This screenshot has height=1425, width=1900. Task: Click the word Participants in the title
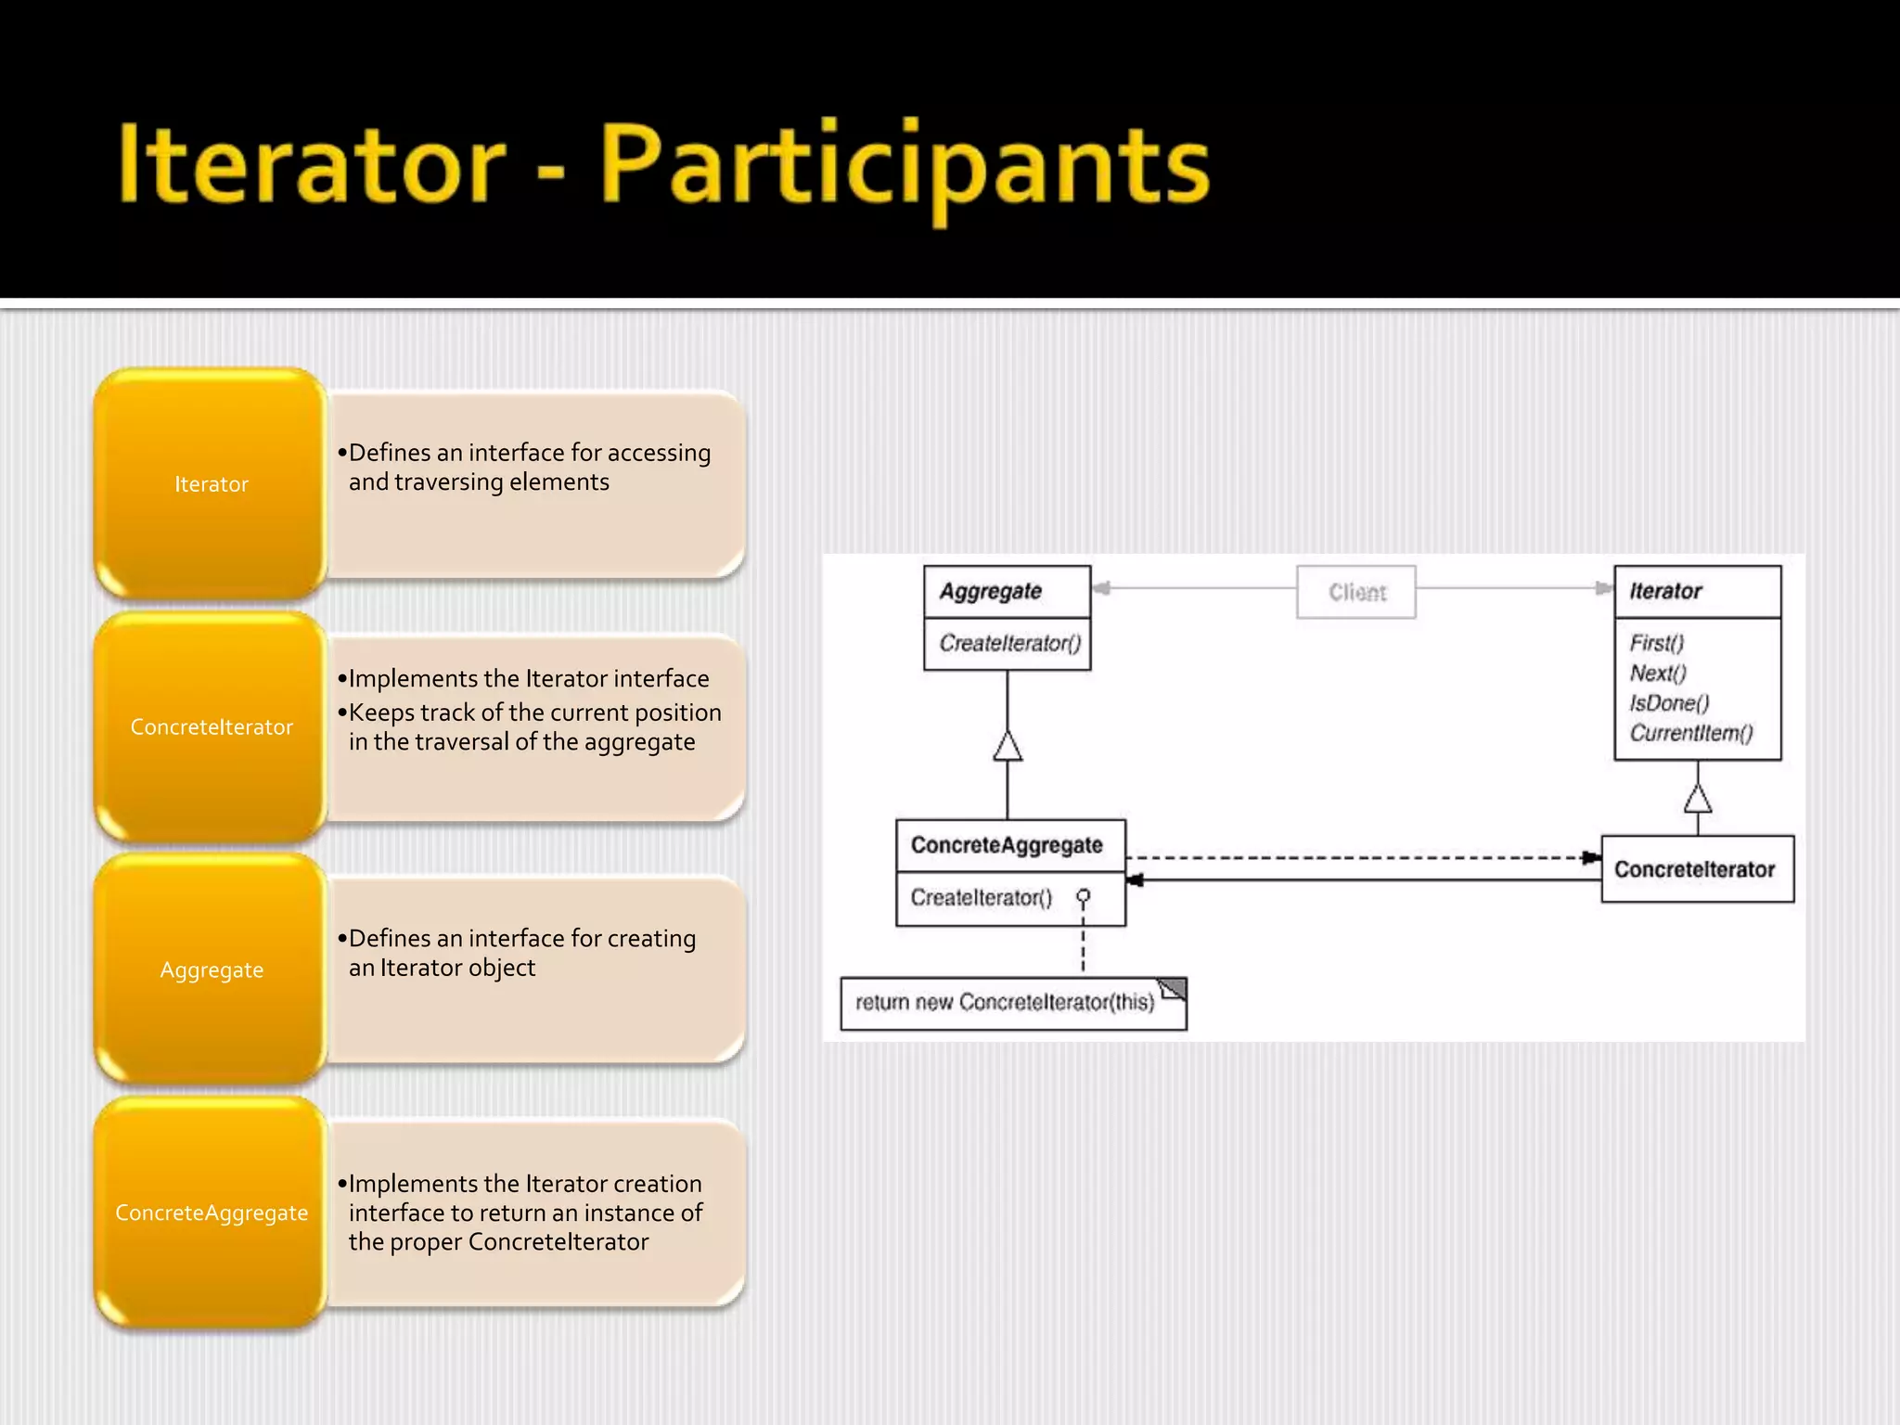pyautogui.click(x=905, y=167)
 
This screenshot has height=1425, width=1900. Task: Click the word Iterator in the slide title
pyautogui.click(x=311, y=165)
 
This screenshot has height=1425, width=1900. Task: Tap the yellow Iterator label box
pyautogui.click(x=212, y=483)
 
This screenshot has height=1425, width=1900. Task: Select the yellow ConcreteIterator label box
pyautogui.click(x=212, y=726)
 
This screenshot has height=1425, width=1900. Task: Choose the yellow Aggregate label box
pyautogui.click(x=212, y=969)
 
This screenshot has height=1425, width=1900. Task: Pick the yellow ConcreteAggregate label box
pyautogui.click(x=212, y=1213)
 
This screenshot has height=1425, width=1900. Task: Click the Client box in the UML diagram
pyautogui.click(x=1356, y=592)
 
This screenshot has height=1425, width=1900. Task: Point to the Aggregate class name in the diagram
pyautogui.click(x=991, y=591)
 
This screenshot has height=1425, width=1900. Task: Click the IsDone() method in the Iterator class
pyautogui.click(x=1669, y=702)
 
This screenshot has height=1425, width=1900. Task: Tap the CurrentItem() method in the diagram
pyautogui.click(x=1690, y=733)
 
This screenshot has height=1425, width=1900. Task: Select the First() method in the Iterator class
pyautogui.click(x=1656, y=643)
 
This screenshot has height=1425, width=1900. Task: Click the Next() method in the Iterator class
pyautogui.click(x=1658, y=673)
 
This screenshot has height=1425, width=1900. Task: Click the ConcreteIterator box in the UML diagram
pyautogui.click(x=1696, y=869)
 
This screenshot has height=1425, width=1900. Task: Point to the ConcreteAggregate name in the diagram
pyautogui.click(x=1007, y=844)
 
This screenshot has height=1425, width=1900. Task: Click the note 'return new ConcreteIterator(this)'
pyautogui.click(x=1006, y=1003)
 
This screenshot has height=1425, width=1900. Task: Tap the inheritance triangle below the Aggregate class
pyautogui.click(x=1008, y=746)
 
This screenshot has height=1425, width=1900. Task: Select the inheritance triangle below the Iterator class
pyautogui.click(x=1698, y=799)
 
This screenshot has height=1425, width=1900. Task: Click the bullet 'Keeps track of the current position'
pyautogui.click(x=534, y=712)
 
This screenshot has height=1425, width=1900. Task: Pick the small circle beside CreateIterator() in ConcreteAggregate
pyautogui.click(x=1083, y=896)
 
